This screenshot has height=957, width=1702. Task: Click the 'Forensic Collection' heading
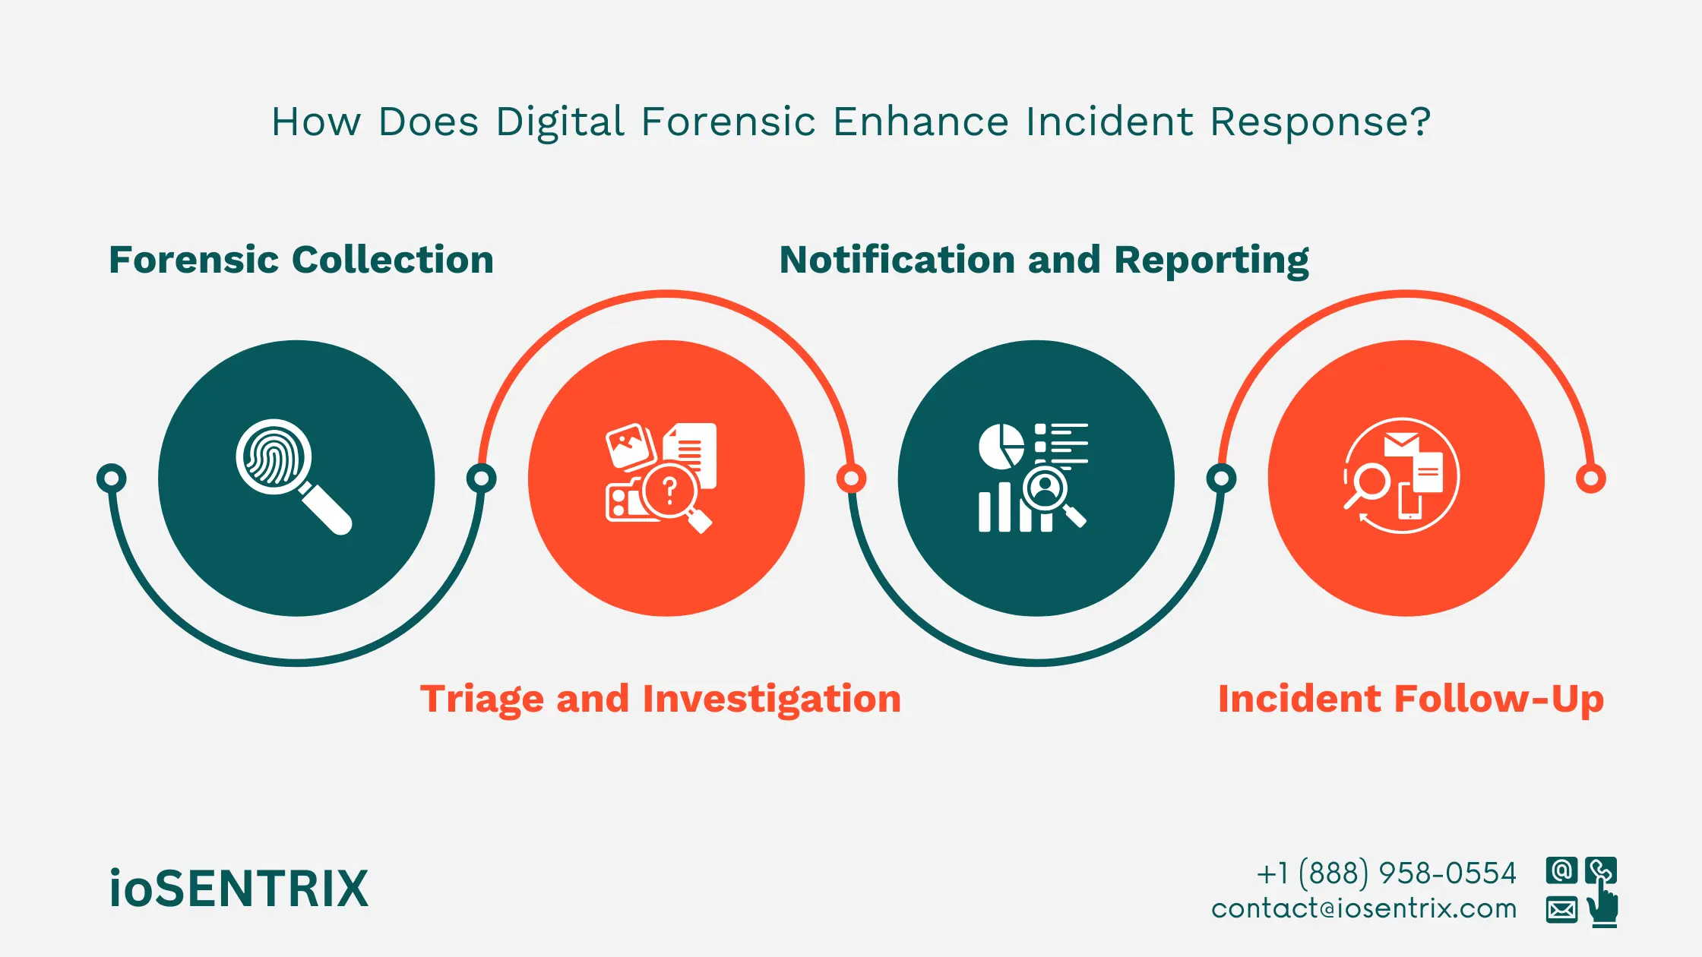(x=301, y=260)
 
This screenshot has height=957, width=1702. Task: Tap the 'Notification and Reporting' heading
(x=1044, y=260)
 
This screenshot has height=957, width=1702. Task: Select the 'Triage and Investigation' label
(x=660, y=699)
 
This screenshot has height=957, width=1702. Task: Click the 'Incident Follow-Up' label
(x=1410, y=699)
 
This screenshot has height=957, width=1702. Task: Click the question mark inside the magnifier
(x=669, y=491)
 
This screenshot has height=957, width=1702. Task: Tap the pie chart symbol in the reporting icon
(x=1001, y=446)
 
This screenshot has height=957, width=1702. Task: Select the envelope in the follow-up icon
(x=1401, y=442)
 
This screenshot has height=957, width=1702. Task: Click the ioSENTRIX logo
(x=239, y=889)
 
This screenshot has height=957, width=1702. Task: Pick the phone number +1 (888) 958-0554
(x=1386, y=873)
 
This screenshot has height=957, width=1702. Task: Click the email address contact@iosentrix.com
(x=1364, y=908)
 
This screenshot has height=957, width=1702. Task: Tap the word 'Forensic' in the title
(x=728, y=122)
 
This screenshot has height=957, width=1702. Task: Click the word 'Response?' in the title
(x=1320, y=122)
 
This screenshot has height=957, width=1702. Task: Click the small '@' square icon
(x=1561, y=870)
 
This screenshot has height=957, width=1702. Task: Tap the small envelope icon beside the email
(x=1561, y=908)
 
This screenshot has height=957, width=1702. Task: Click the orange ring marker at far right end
(x=1590, y=478)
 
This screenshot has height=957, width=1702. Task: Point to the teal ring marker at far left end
(x=112, y=478)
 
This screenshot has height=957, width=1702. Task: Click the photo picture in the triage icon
(x=630, y=446)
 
